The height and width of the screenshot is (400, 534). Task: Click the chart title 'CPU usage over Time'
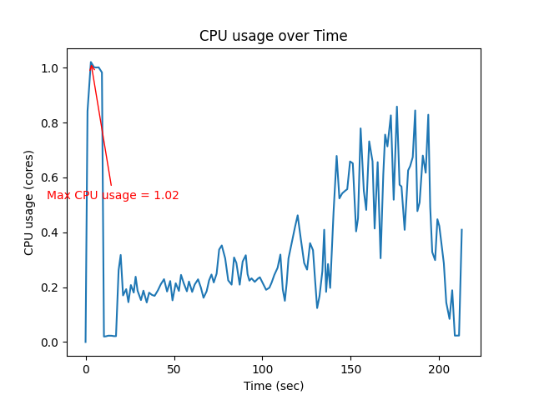(273, 36)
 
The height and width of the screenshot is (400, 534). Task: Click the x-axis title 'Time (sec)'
(273, 386)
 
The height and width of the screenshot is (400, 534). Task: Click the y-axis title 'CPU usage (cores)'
(29, 202)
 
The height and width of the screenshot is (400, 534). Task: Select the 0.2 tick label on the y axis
(50, 287)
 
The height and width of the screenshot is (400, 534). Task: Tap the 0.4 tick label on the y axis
(50, 232)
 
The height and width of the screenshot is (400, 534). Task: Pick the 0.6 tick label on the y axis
(50, 177)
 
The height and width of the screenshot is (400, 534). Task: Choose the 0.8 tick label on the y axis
(50, 122)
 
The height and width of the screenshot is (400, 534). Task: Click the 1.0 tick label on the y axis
(50, 67)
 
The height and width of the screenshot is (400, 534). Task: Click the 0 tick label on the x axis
(86, 368)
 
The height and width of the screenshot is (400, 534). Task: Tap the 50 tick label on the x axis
(174, 368)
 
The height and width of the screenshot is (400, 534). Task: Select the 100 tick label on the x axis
(263, 368)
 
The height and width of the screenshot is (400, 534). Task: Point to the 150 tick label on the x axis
(351, 368)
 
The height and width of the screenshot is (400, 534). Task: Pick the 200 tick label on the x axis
(440, 368)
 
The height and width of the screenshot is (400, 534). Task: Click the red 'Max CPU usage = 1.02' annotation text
(113, 196)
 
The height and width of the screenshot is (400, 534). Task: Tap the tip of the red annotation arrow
(91, 63)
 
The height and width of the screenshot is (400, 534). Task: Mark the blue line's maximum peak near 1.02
(91, 62)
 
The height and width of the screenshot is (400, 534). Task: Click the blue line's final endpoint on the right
(461, 230)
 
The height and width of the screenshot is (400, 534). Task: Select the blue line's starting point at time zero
(86, 342)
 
